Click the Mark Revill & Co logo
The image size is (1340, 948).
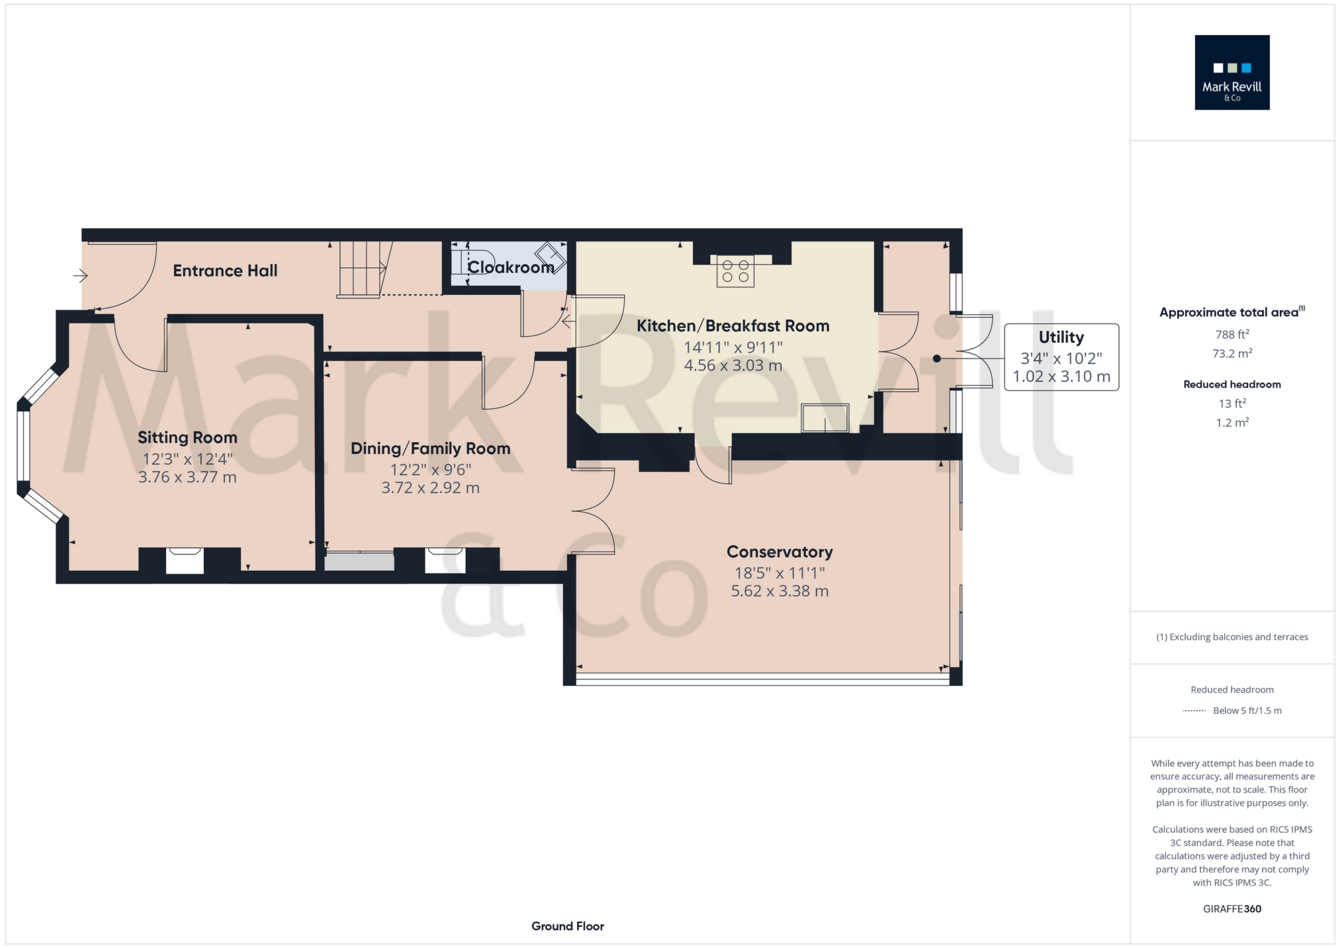tap(1231, 72)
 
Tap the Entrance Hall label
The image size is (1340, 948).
tap(225, 271)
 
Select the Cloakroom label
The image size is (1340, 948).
tap(511, 267)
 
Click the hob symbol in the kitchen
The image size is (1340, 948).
tap(735, 271)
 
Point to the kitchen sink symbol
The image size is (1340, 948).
tap(825, 417)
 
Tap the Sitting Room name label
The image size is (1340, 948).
tap(187, 437)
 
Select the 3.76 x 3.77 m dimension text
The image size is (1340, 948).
tap(187, 477)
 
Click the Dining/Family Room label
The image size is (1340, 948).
tap(431, 449)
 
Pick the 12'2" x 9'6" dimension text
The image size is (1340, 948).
tap(431, 470)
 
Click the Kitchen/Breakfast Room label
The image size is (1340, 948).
tap(733, 325)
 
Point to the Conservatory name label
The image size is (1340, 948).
tap(780, 552)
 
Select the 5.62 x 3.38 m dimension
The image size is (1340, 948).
tap(780, 591)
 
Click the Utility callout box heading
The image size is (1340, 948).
tap(1061, 337)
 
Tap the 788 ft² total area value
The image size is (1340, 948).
tap(1232, 334)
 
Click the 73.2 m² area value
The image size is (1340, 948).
tap(1232, 353)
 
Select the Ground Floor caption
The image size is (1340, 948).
tap(568, 926)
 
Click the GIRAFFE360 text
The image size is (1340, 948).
tap(1232, 909)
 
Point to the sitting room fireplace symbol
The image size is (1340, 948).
tap(185, 560)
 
